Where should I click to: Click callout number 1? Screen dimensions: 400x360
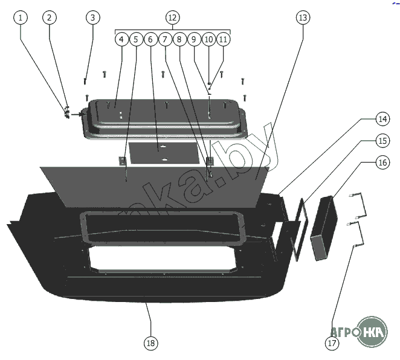pyautogui.click(x=22, y=18)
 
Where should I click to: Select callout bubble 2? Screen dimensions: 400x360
pyautogui.click(x=50, y=18)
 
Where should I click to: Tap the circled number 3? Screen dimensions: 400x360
pyautogui.click(x=92, y=18)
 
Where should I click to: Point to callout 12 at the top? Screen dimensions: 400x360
pyautogui.click(x=172, y=18)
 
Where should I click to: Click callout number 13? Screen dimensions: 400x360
pyautogui.click(x=302, y=18)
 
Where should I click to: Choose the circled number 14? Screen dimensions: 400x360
pyautogui.click(x=366, y=118)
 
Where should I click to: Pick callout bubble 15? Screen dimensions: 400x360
pyautogui.click(x=366, y=141)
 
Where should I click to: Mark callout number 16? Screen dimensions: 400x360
pyautogui.click(x=366, y=162)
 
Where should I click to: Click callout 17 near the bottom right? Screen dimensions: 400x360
pyautogui.click(x=332, y=343)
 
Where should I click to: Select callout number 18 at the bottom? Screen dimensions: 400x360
pyautogui.click(x=150, y=343)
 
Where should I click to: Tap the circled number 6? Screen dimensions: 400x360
pyautogui.click(x=150, y=39)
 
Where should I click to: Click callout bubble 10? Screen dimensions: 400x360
pyautogui.click(x=208, y=39)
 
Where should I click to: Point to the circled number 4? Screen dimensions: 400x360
pyautogui.click(x=121, y=39)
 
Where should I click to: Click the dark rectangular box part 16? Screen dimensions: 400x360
pyautogui.click(x=324, y=228)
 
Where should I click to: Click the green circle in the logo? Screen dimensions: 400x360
pyautogui.click(x=372, y=332)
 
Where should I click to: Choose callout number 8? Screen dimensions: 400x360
pyautogui.click(x=179, y=39)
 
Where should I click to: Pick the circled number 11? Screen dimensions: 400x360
pyautogui.click(x=224, y=39)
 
